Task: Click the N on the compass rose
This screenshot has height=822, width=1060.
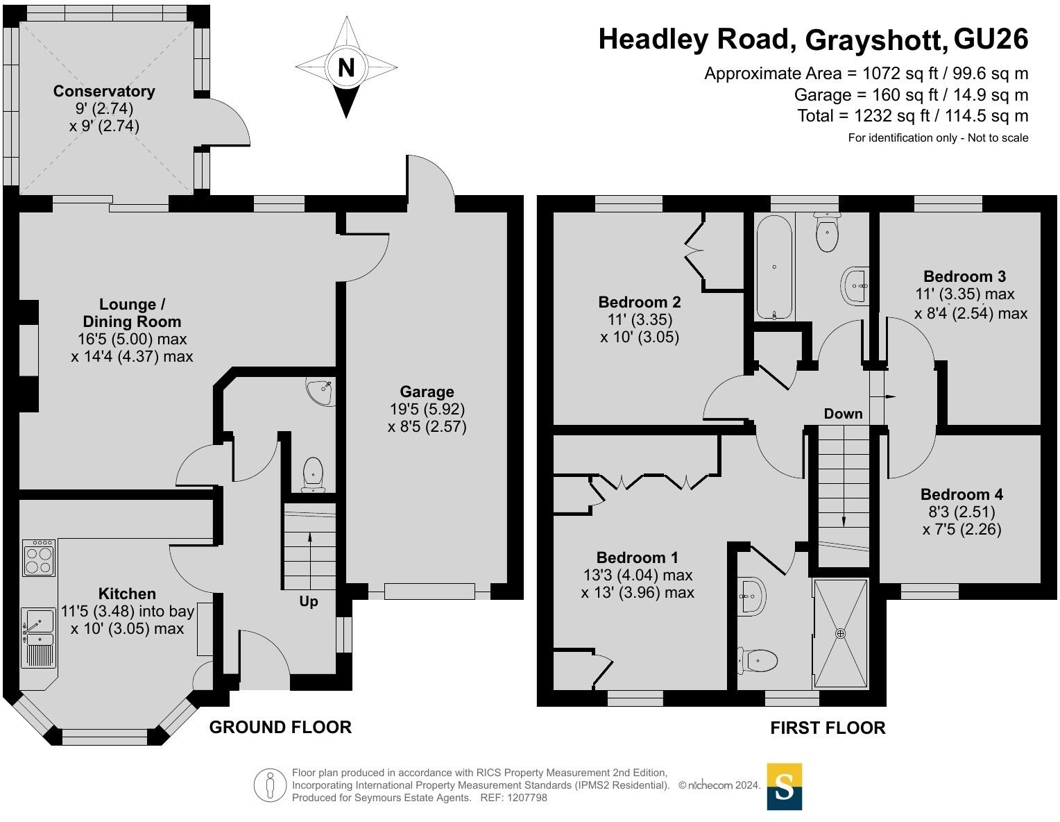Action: [x=346, y=67]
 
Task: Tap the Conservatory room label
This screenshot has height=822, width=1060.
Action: [x=104, y=91]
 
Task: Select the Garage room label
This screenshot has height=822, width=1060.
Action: [x=427, y=392]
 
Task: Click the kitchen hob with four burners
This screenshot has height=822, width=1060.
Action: [x=39, y=557]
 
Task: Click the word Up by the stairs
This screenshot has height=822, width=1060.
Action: [x=308, y=601]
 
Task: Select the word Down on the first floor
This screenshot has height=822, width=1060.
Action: [x=843, y=414]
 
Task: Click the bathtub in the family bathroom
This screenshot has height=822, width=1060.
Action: [x=774, y=267]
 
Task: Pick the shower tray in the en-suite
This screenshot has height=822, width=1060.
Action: [x=841, y=633]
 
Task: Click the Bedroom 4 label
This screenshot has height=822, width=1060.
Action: [x=961, y=494]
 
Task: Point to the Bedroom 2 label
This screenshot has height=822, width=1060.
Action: [x=640, y=302]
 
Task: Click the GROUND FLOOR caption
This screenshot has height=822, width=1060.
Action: [x=280, y=728]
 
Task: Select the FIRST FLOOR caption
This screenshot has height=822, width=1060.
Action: [x=828, y=728]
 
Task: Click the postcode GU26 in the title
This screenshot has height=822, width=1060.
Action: [x=991, y=39]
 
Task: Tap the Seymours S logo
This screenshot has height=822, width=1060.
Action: [x=785, y=787]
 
